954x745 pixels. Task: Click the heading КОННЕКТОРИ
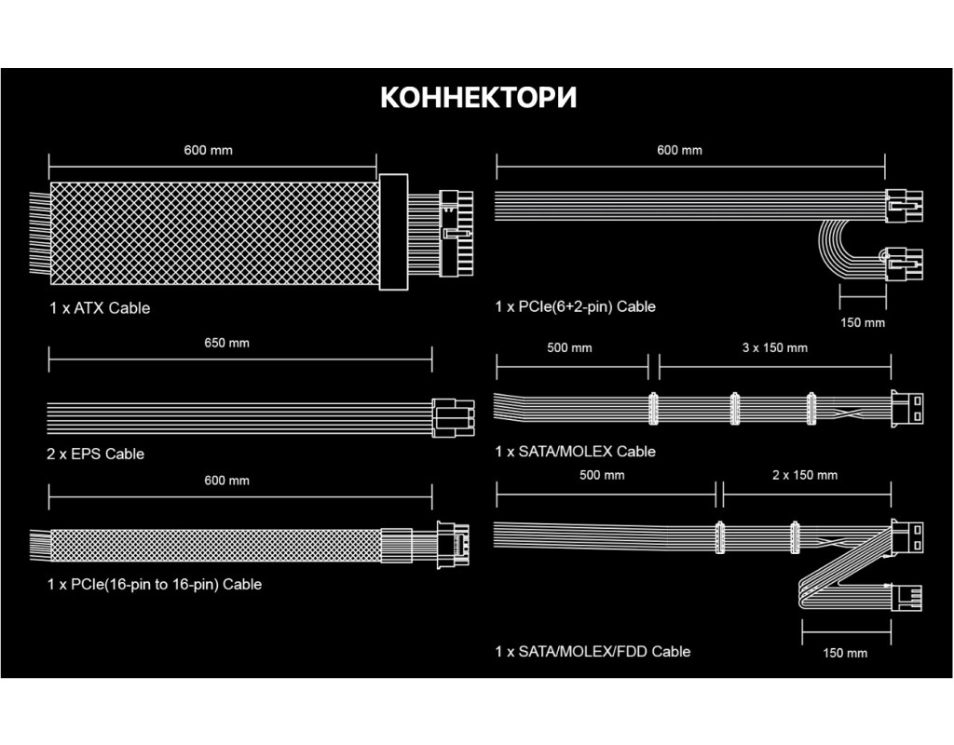point(478,98)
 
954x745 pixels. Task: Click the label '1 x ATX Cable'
point(100,307)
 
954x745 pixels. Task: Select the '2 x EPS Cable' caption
point(96,454)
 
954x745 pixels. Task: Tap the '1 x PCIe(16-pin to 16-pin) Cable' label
point(155,584)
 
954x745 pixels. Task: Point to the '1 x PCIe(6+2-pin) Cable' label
point(576,305)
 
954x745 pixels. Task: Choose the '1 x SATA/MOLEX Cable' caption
point(576,451)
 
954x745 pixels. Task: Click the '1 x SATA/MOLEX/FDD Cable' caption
point(593,651)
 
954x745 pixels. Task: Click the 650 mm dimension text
point(226,343)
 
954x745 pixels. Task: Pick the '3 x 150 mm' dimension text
point(774,348)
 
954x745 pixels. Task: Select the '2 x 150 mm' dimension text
point(805,475)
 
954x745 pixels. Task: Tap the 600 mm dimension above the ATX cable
point(208,150)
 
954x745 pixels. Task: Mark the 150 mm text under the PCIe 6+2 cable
point(863,322)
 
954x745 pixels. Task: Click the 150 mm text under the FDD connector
point(845,652)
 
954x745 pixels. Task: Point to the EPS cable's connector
point(453,417)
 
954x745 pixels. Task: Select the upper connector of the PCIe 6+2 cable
point(905,203)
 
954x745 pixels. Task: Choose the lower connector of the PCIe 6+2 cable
point(905,268)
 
